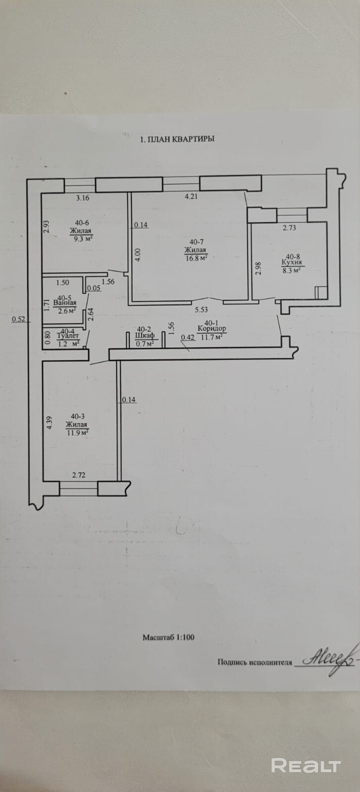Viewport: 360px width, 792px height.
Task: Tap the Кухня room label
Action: [292, 262]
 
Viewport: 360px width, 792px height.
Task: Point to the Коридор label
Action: [212, 329]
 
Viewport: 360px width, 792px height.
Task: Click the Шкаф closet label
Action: [145, 335]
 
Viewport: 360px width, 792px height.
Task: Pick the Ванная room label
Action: [65, 302]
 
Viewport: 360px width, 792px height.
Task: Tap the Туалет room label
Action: [67, 336]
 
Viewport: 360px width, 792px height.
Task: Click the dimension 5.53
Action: [201, 310]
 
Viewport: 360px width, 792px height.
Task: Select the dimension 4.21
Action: [191, 197]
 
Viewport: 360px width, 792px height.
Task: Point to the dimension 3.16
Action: [83, 198]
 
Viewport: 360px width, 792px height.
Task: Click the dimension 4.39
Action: [50, 423]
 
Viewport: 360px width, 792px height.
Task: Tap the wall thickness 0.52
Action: [18, 319]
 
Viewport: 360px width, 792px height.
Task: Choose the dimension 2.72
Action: [79, 475]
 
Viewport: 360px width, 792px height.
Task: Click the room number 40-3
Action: [78, 417]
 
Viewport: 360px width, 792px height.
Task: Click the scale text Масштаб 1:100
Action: [168, 638]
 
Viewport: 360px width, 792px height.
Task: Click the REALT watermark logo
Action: [306, 765]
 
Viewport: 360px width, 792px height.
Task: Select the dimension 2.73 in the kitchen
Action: [289, 228]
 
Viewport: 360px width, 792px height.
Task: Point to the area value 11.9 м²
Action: [78, 433]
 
